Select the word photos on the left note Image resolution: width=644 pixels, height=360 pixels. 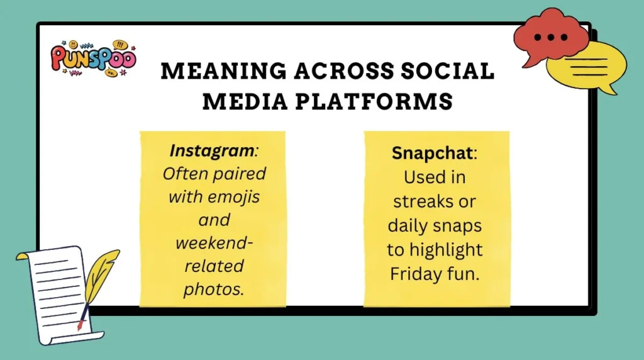point(213,289)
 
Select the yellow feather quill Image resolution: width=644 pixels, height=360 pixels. point(99,277)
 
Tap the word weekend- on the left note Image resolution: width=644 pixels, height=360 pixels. point(212,243)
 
